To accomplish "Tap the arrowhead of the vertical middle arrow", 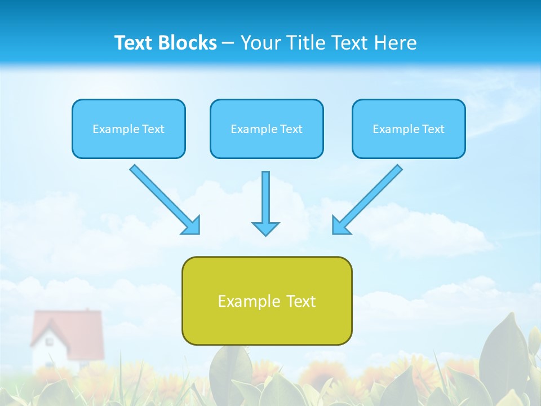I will [265, 228].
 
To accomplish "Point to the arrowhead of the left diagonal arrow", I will [192, 226].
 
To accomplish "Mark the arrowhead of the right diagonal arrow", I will [340, 226].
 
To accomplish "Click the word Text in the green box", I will [299, 301].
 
